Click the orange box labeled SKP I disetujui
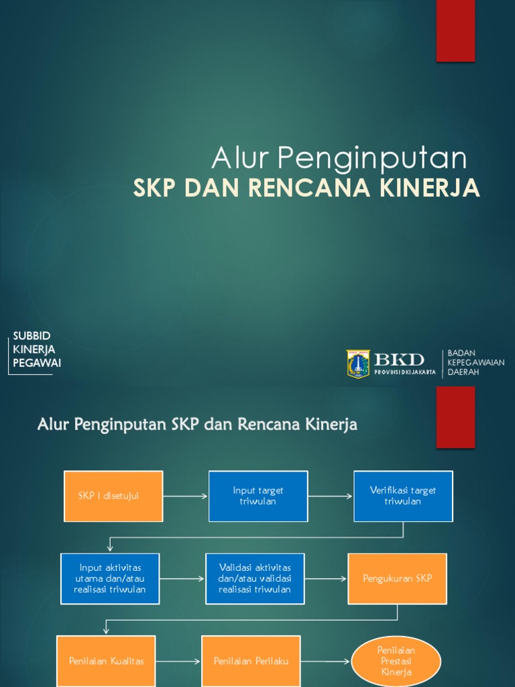(x=113, y=496)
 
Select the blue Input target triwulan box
(x=258, y=496)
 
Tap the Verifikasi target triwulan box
(x=403, y=496)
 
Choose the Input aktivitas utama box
(x=110, y=578)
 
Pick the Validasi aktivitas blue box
(x=255, y=578)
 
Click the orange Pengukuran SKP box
(x=397, y=578)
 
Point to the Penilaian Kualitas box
(x=106, y=661)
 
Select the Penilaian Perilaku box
(x=251, y=661)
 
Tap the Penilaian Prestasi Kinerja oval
(x=397, y=661)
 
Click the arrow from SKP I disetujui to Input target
(x=186, y=496)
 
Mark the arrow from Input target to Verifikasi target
(x=331, y=496)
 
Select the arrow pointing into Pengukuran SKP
(x=326, y=578)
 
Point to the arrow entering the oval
(x=326, y=662)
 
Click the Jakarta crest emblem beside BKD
(x=357, y=364)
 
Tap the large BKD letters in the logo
(x=399, y=360)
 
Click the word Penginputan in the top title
(x=371, y=158)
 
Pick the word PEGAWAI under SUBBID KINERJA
(x=37, y=363)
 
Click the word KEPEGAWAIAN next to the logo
(x=476, y=362)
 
